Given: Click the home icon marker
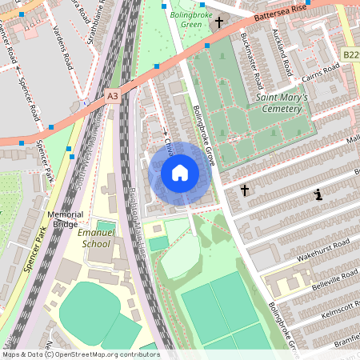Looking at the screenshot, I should click(x=179, y=172).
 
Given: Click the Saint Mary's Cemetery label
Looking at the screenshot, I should click(x=285, y=104).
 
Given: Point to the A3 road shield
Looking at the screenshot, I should click(x=112, y=95).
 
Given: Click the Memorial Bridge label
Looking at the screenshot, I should click(x=65, y=219).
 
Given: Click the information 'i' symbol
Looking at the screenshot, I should click(x=318, y=194).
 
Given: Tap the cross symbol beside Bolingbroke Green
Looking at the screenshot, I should click(x=219, y=22).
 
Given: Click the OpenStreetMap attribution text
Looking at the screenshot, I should click(x=80, y=354).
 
